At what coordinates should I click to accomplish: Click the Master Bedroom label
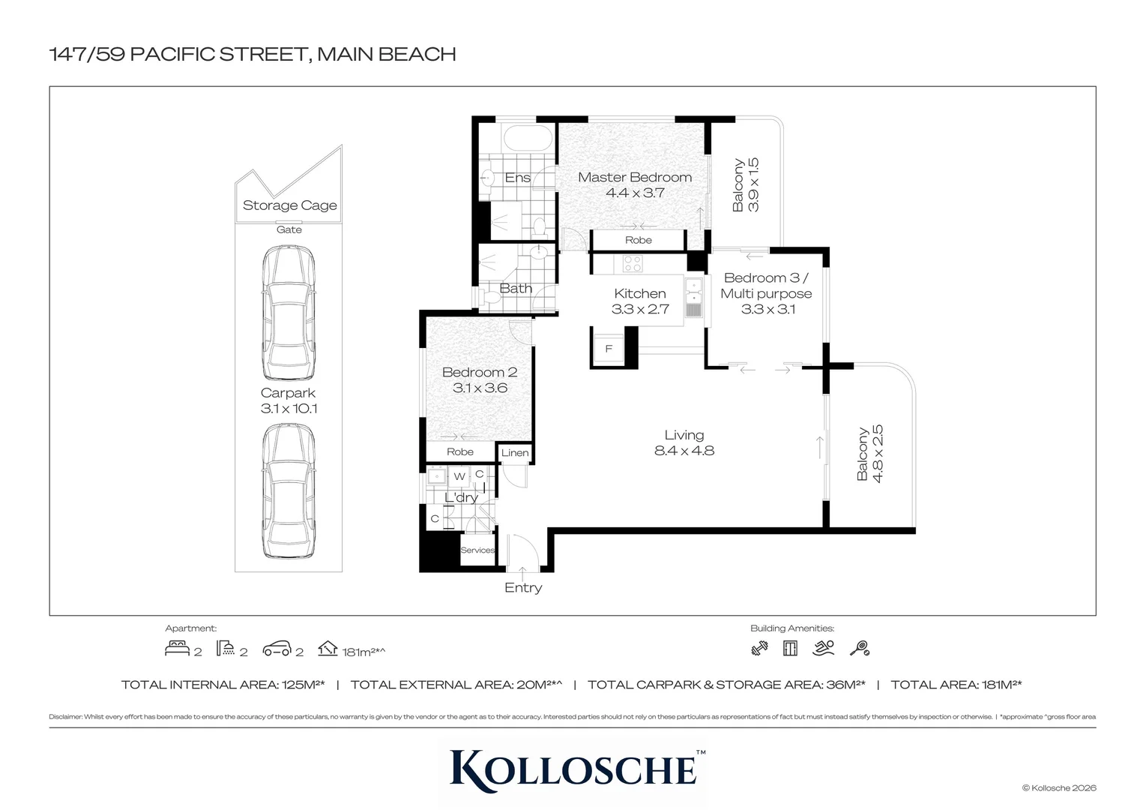pyautogui.click(x=634, y=178)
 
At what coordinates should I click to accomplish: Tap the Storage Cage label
pyautogui.click(x=289, y=205)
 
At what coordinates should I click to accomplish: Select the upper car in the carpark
pyautogui.click(x=289, y=313)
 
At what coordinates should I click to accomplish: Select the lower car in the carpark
pyautogui.click(x=289, y=491)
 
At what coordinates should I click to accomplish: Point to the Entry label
pyautogui.click(x=522, y=588)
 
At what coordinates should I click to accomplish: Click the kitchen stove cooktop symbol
pyautogui.click(x=633, y=263)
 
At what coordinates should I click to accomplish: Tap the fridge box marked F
pyautogui.click(x=609, y=349)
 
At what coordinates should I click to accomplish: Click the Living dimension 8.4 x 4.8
pyautogui.click(x=684, y=451)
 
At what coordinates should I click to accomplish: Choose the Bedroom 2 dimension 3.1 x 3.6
pyautogui.click(x=480, y=388)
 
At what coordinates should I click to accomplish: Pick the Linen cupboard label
pyautogui.click(x=515, y=453)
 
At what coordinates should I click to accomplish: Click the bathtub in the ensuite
pyautogui.click(x=528, y=139)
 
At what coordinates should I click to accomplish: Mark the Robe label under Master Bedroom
pyautogui.click(x=638, y=240)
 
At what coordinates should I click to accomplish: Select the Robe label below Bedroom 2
pyautogui.click(x=459, y=451)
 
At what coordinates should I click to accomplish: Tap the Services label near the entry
pyautogui.click(x=477, y=550)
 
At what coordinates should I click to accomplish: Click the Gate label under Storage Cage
pyautogui.click(x=289, y=229)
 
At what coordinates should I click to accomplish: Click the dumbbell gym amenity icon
pyautogui.click(x=759, y=649)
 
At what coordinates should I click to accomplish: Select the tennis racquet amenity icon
pyautogui.click(x=860, y=649)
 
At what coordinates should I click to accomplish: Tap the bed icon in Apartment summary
pyautogui.click(x=176, y=649)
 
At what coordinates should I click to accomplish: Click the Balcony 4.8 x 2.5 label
pyautogui.click(x=870, y=454)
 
